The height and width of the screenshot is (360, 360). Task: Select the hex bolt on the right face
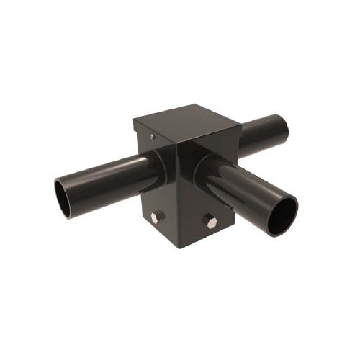(209, 220)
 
